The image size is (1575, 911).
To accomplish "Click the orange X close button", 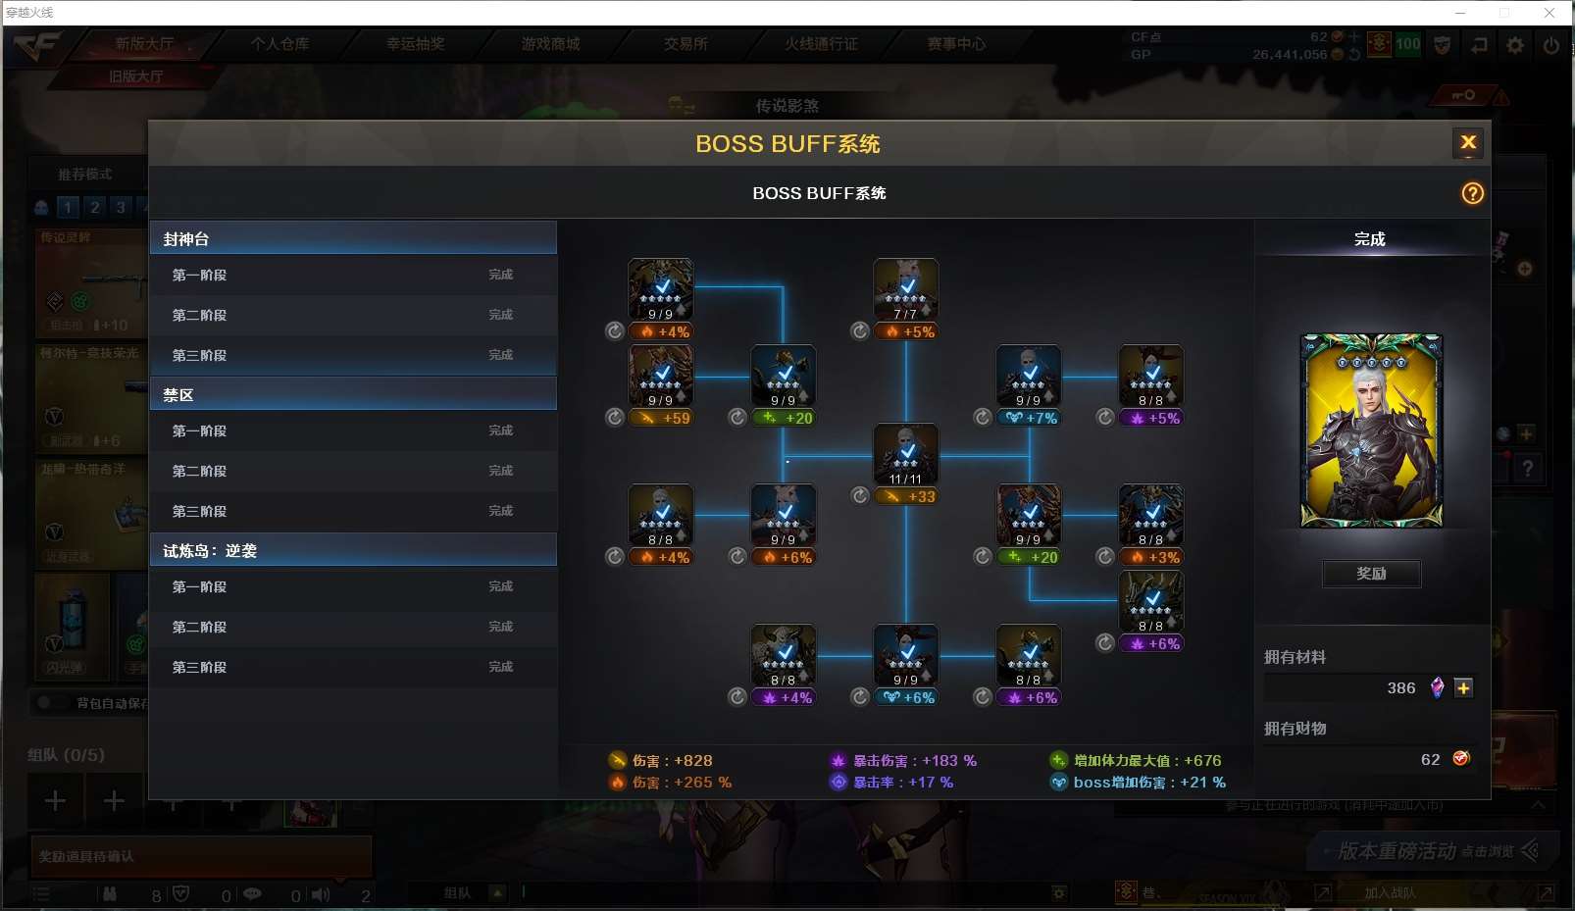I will click(1467, 142).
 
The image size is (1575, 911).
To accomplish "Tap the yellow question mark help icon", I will click(1472, 193).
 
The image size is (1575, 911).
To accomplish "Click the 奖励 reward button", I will click(1371, 574).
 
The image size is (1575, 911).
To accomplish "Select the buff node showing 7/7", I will click(906, 288).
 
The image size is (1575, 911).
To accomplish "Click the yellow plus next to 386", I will click(1463, 688).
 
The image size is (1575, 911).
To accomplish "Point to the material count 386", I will click(1400, 688).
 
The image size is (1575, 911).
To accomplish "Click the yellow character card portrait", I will click(1371, 430).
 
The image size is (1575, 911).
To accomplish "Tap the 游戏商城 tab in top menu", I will click(550, 44).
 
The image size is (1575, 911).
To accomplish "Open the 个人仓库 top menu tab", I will click(279, 44).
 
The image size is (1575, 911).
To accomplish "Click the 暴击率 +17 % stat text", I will click(902, 783).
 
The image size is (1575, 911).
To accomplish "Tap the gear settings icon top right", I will click(1515, 45).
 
